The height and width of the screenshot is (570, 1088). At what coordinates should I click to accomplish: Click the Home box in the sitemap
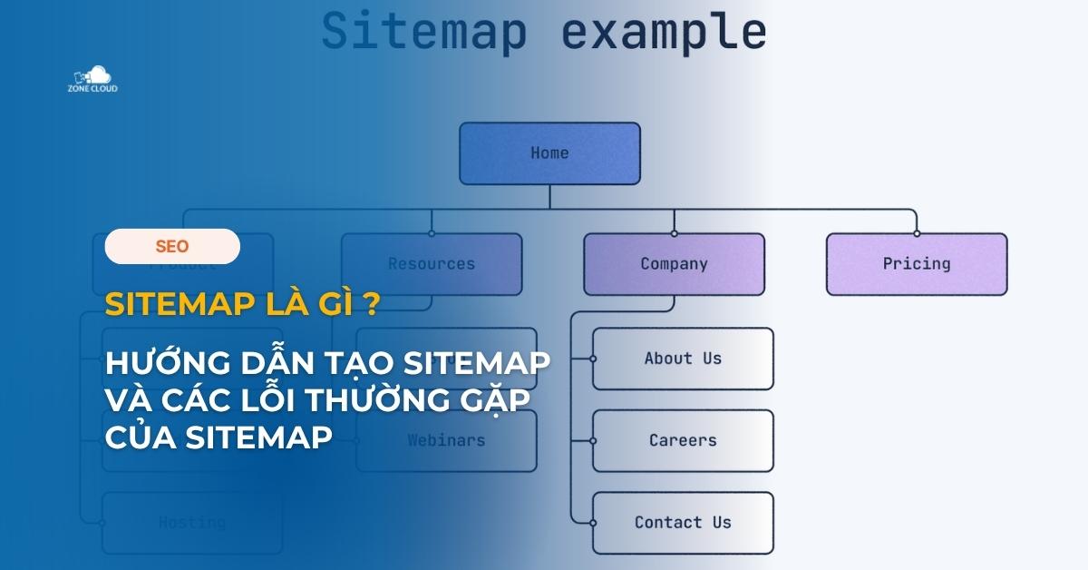[549, 153]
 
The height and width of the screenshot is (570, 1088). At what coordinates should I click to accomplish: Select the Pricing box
[917, 264]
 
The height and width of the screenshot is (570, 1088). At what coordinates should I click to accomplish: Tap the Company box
[674, 264]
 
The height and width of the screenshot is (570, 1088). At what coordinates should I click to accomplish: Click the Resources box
[432, 264]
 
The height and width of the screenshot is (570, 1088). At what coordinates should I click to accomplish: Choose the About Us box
[683, 359]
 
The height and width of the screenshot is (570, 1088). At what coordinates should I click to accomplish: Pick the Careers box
[683, 440]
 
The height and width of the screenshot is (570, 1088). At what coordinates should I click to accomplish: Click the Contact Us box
[683, 523]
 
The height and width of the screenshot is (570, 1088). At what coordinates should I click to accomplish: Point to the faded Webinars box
[446, 440]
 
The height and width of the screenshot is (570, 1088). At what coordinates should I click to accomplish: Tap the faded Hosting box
[192, 523]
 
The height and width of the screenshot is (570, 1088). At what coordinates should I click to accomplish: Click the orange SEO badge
[172, 246]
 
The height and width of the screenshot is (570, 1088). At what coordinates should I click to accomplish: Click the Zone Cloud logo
[92, 78]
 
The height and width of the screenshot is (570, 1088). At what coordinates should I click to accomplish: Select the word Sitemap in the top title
[424, 32]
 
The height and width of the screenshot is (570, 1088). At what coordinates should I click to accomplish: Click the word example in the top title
[664, 32]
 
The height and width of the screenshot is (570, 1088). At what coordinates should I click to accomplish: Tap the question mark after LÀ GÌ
[371, 304]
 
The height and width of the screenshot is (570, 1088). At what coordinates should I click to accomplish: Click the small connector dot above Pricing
[917, 233]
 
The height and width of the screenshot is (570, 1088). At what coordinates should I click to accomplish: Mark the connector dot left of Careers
[593, 440]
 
